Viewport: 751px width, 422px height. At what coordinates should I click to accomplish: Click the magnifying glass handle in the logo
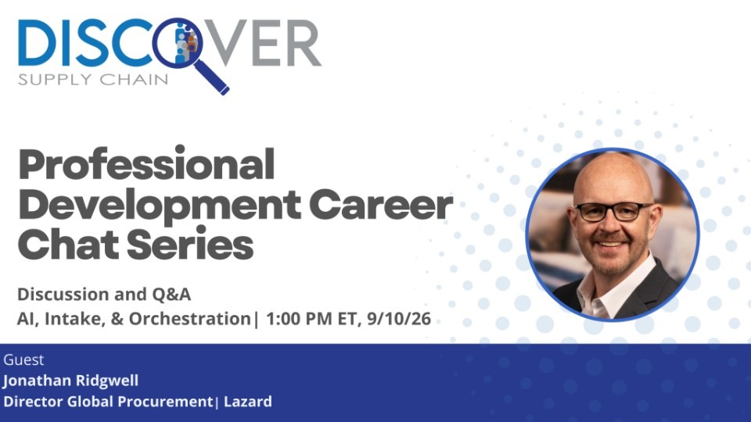212,77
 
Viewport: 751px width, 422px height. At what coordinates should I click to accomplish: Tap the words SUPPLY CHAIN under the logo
93,80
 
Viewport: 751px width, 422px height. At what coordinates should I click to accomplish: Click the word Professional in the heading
146,165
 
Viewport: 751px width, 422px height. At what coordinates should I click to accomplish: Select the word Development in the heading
160,206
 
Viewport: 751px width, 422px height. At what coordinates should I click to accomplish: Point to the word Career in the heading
381,206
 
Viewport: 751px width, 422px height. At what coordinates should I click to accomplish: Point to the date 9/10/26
399,319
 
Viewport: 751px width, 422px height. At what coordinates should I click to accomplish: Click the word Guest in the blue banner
23,359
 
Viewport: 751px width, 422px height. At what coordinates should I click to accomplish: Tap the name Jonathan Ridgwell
71,381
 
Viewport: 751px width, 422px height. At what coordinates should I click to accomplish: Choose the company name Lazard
248,402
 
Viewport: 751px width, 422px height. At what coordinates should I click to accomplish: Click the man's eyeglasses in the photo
613,212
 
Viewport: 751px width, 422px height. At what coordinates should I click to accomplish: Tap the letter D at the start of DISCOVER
34,42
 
